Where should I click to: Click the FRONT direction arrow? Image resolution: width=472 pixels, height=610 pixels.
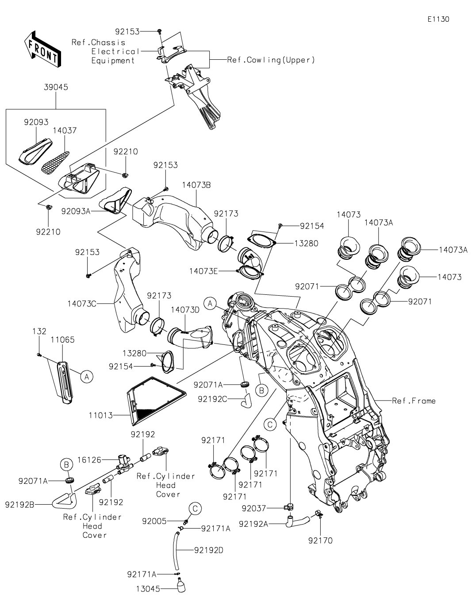(42, 49)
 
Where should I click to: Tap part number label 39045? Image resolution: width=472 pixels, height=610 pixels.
(56, 87)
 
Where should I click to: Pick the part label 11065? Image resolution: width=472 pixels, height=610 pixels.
(62, 340)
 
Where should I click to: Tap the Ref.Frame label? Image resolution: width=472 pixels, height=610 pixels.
(414, 401)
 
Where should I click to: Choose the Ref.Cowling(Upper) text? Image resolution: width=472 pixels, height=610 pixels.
(271, 60)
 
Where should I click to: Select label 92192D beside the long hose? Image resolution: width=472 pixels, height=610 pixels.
(209, 550)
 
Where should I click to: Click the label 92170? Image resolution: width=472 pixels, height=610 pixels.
(321, 540)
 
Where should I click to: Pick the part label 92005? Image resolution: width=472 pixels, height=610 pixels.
(154, 521)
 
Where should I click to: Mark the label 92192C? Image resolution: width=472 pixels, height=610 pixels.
(213, 399)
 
